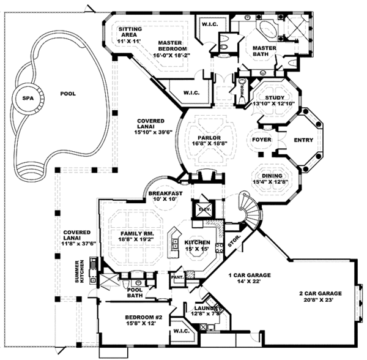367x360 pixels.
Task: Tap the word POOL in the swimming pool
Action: tap(69, 94)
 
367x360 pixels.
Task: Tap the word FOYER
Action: tap(262, 140)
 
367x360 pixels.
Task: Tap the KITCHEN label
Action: tap(198, 242)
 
